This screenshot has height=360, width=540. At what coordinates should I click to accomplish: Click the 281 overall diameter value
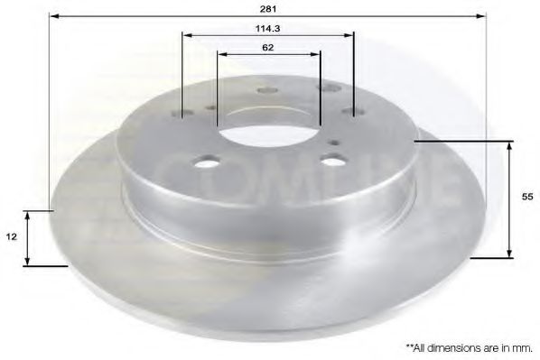(x=270, y=8)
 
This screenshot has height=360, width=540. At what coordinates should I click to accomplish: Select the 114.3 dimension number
(x=267, y=28)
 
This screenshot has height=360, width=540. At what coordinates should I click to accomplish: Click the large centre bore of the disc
(x=267, y=134)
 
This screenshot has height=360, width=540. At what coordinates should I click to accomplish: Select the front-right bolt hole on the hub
(x=332, y=162)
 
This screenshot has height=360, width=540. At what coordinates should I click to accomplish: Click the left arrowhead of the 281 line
(x=53, y=17)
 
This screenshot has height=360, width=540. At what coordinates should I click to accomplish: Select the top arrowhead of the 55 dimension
(x=511, y=145)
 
